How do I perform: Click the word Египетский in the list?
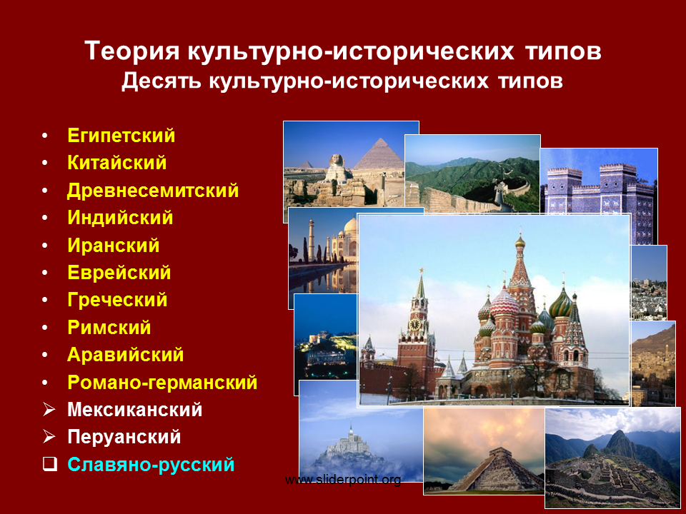[x=121, y=136]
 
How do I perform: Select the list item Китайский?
[x=116, y=163]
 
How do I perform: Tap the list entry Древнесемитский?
[x=153, y=191]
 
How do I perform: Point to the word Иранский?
[x=114, y=245]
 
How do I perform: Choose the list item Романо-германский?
[x=162, y=383]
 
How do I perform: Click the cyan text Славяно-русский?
[x=151, y=464]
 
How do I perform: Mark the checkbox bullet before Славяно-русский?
[x=50, y=464]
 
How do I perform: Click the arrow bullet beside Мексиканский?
[x=49, y=409]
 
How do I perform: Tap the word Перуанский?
[x=124, y=437]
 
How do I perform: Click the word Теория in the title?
[x=132, y=51]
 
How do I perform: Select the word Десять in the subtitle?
[x=161, y=81]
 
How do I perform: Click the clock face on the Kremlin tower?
[x=414, y=324]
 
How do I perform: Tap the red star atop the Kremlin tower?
[x=422, y=271]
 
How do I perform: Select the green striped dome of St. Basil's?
[x=561, y=303]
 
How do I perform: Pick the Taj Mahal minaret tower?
[x=311, y=241]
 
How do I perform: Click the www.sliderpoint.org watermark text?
[x=343, y=480]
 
